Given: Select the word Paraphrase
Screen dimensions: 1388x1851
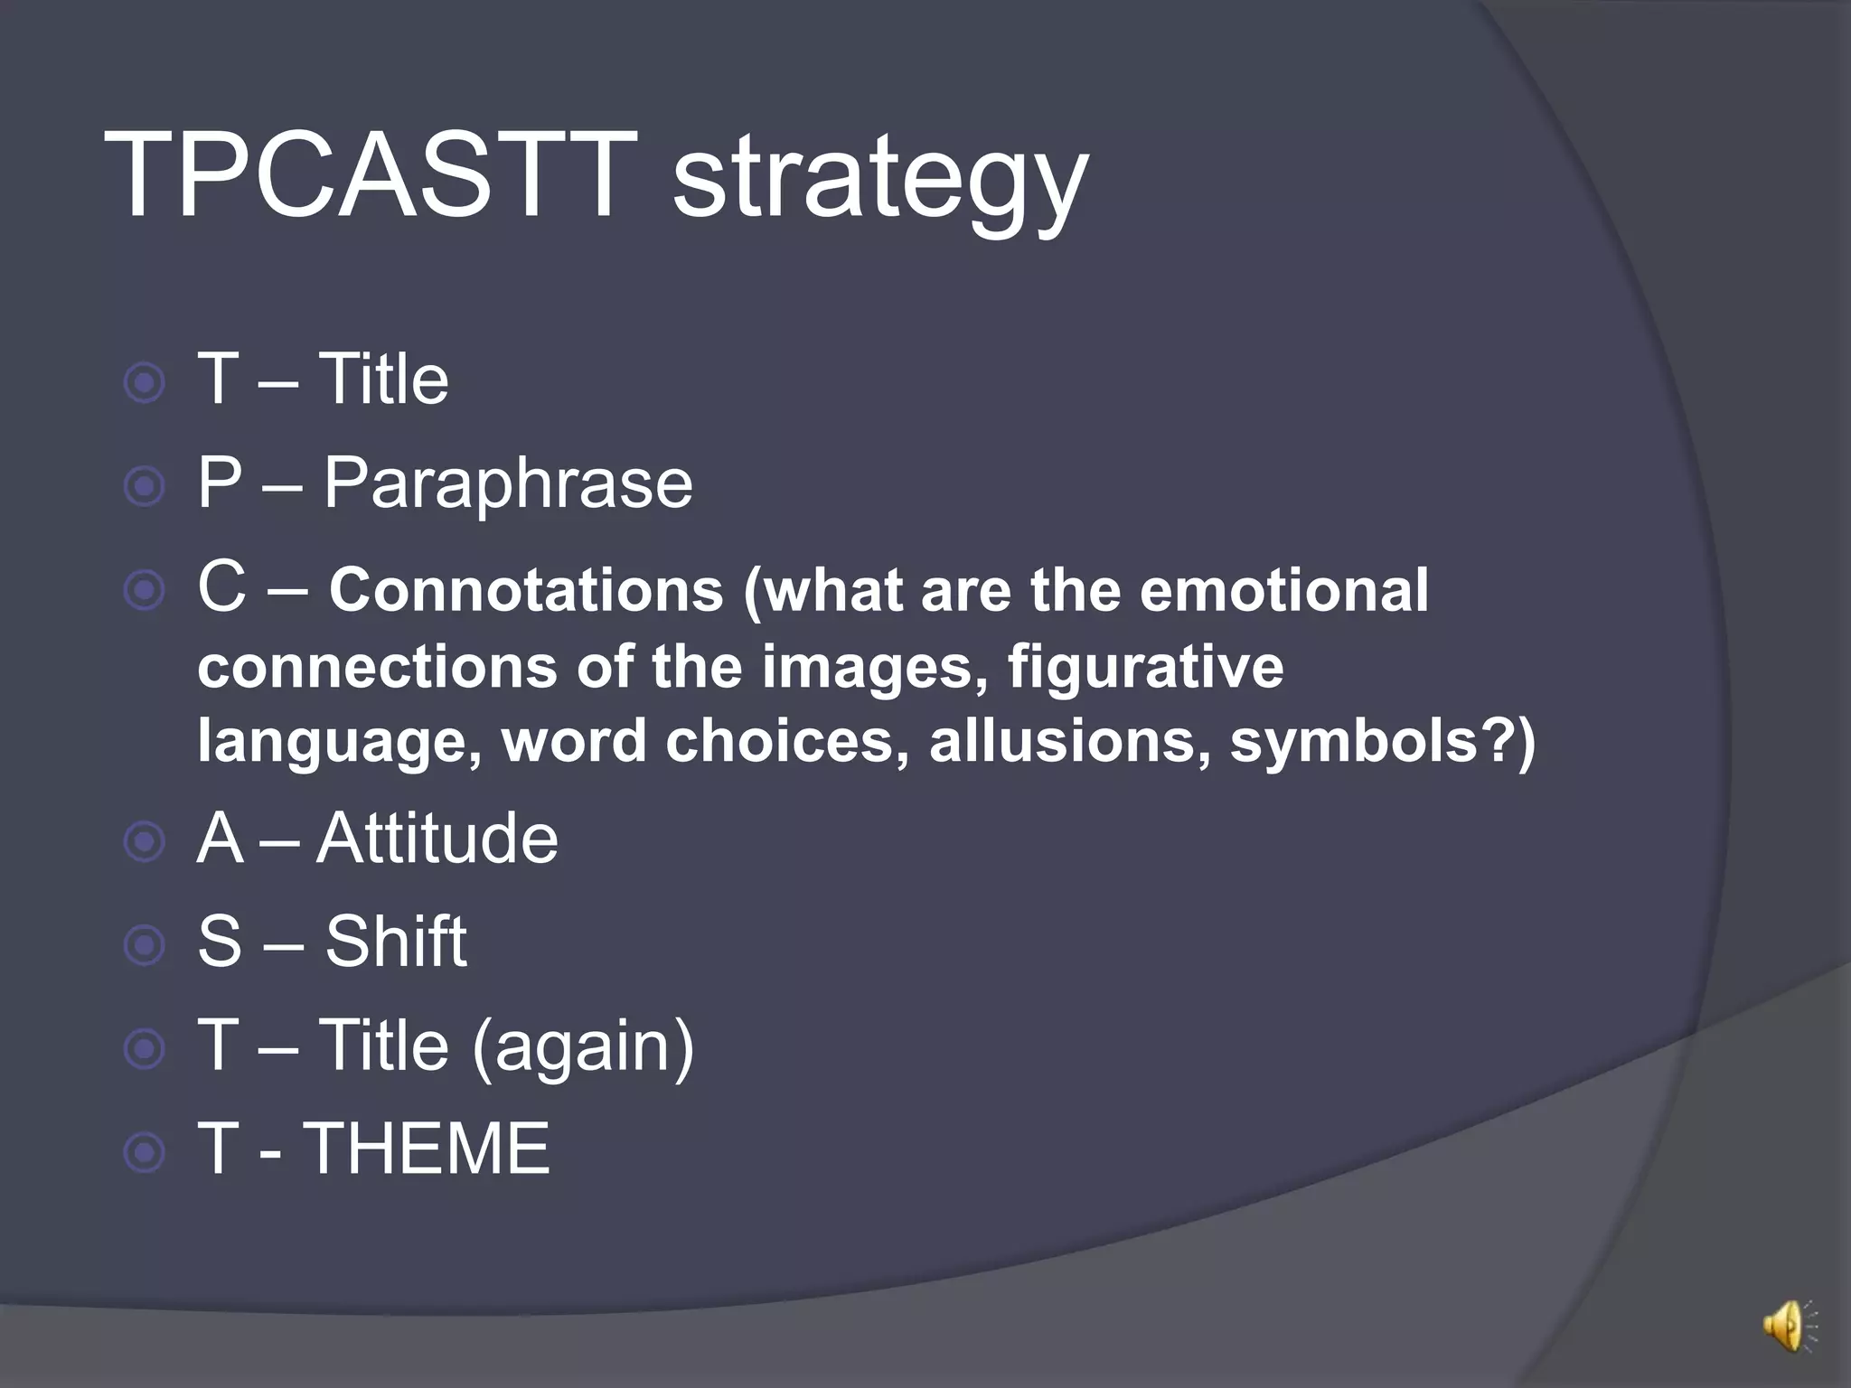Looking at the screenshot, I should pos(508,483).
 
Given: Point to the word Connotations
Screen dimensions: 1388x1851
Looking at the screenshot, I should pos(526,590).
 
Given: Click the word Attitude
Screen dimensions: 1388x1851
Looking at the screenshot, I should pos(437,839).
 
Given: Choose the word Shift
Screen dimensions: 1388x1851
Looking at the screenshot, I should pos(396,942).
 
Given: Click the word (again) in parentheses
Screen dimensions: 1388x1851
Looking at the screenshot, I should pos(583,1046).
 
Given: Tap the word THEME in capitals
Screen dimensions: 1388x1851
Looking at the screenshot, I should pos(427,1149).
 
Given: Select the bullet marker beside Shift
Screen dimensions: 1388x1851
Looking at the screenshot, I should pos(145,946).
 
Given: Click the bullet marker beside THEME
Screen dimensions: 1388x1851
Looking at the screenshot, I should pos(145,1153).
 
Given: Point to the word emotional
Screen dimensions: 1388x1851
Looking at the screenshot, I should pos(1283,590).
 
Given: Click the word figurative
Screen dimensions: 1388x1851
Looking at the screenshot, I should pos(1145,666).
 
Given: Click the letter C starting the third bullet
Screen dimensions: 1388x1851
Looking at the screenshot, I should pos(221,586).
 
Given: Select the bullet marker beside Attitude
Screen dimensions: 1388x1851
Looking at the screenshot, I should pos(145,842).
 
